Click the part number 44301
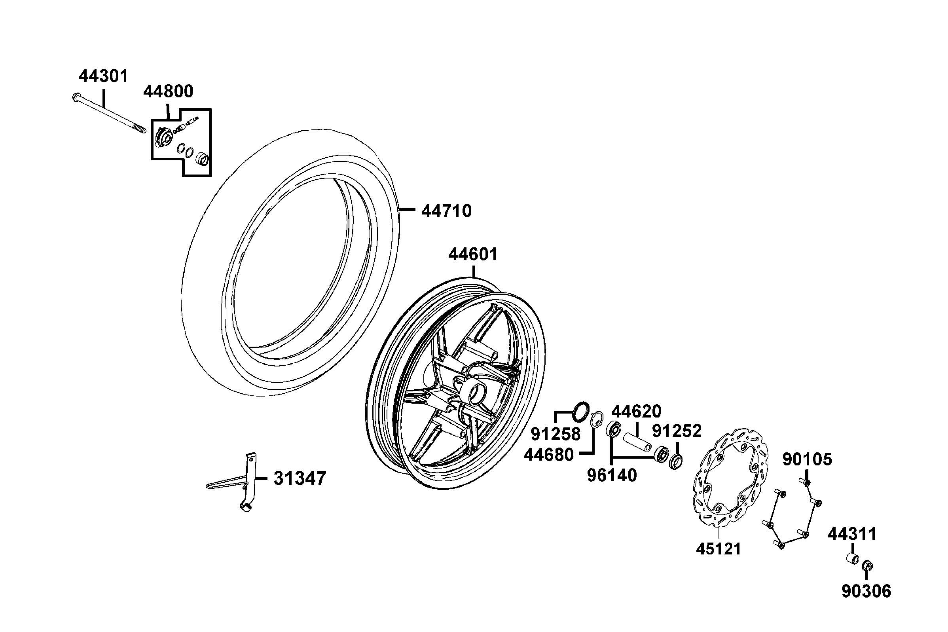(x=103, y=76)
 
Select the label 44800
(x=169, y=91)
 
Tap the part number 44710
(x=446, y=211)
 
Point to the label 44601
(x=473, y=254)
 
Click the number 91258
(x=556, y=434)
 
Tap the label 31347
(x=300, y=478)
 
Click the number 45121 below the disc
(x=719, y=549)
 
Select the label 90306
(x=866, y=591)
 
